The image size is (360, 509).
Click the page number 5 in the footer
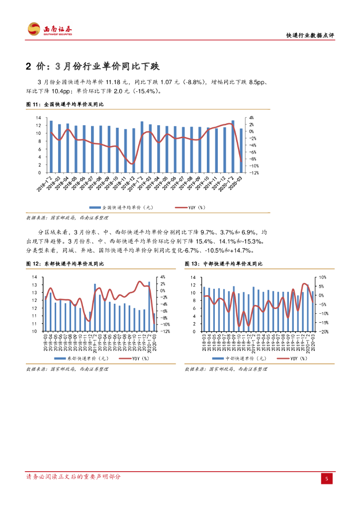(326, 478)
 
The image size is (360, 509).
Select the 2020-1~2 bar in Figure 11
(233, 146)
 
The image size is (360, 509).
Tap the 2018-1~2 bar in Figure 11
(51, 146)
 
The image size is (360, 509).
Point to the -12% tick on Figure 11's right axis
(253, 172)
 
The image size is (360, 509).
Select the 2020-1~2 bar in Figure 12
(149, 306)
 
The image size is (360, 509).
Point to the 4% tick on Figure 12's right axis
(162, 277)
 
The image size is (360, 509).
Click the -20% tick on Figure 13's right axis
(322, 331)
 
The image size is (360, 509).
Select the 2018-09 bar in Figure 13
(234, 309)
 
